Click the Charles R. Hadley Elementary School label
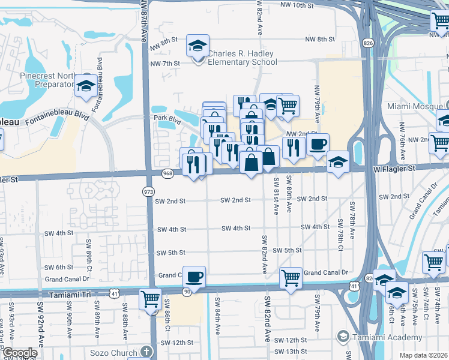tap(242, 58)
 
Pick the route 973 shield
tap(148, 191)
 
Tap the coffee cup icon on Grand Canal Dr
tap(194, 277)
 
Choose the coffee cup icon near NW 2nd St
tap(318, 144)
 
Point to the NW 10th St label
tap(297, 5)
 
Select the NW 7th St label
tap(166, 64)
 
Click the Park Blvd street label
tap(167, 119)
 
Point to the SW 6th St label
tap(59, 267)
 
